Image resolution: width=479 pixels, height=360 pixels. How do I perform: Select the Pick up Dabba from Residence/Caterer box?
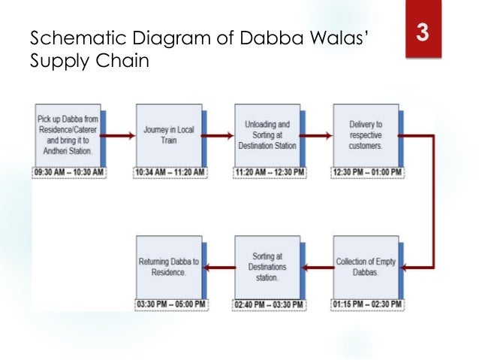click(x=67, y=135)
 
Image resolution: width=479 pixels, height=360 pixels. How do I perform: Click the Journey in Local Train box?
click(x=168, y=135)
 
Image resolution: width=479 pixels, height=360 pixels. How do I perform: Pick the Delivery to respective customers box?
click(x=367, y=135)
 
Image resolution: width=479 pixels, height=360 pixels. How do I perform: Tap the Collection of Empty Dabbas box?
click(x=367, y=267)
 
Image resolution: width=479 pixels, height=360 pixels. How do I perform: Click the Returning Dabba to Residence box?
click(x=168, y=267)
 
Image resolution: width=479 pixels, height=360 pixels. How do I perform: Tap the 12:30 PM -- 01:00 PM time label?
click(x=368, y=172)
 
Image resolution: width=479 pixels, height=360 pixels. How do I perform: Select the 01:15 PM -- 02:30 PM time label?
click(x=368, y=304)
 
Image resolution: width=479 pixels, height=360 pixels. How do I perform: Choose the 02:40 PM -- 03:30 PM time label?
click(x=270, y=304)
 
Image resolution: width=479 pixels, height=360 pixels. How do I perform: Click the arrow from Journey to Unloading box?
click(x=219, y=136)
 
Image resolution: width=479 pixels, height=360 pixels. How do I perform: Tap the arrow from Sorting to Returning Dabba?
click(x=219, y=267)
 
